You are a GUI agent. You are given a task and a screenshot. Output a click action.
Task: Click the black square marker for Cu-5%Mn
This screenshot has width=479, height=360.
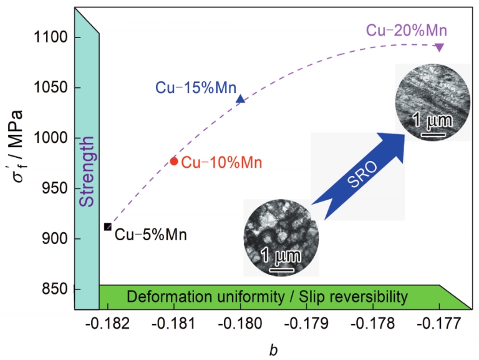[108, 226]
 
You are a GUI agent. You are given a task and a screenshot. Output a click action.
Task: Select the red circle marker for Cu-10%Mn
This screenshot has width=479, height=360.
[175, 161]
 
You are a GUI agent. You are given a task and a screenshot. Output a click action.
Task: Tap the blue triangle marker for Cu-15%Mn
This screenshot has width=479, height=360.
[241, 99]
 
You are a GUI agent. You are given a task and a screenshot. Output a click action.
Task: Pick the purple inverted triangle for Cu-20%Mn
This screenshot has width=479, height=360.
[440, 47]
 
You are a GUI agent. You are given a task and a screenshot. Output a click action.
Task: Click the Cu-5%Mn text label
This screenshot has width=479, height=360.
[150, 235]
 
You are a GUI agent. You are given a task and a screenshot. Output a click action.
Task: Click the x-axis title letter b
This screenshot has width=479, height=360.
[273, 350]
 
